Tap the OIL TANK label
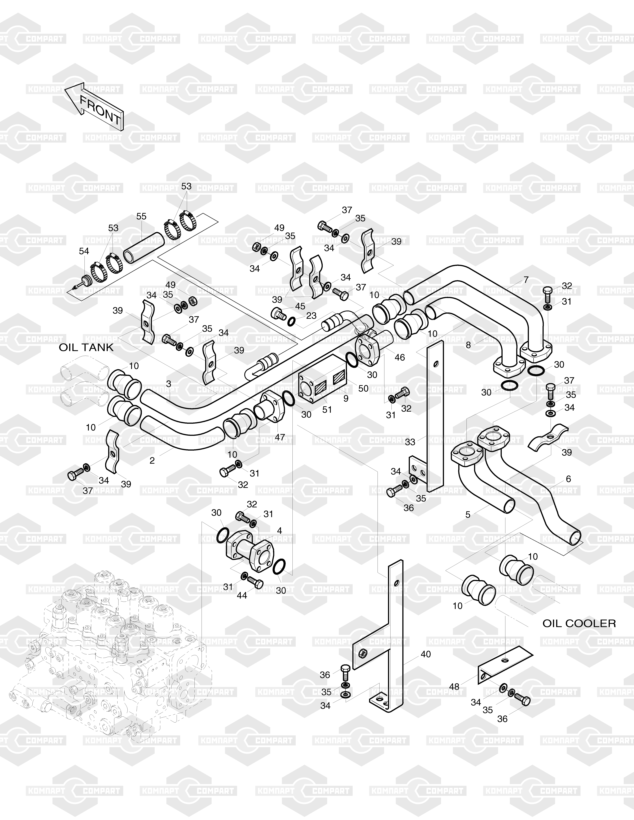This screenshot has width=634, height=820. point(86,347)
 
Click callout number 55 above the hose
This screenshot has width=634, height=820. point(141,217)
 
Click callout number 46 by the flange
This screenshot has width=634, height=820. point(400,357)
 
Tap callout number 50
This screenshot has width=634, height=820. point(363,388)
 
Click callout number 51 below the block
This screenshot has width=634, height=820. point(327,409)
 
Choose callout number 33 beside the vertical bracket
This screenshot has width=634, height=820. point(410,442)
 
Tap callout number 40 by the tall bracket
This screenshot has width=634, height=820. point(426,654)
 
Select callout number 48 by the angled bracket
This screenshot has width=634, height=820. point(454,687)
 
